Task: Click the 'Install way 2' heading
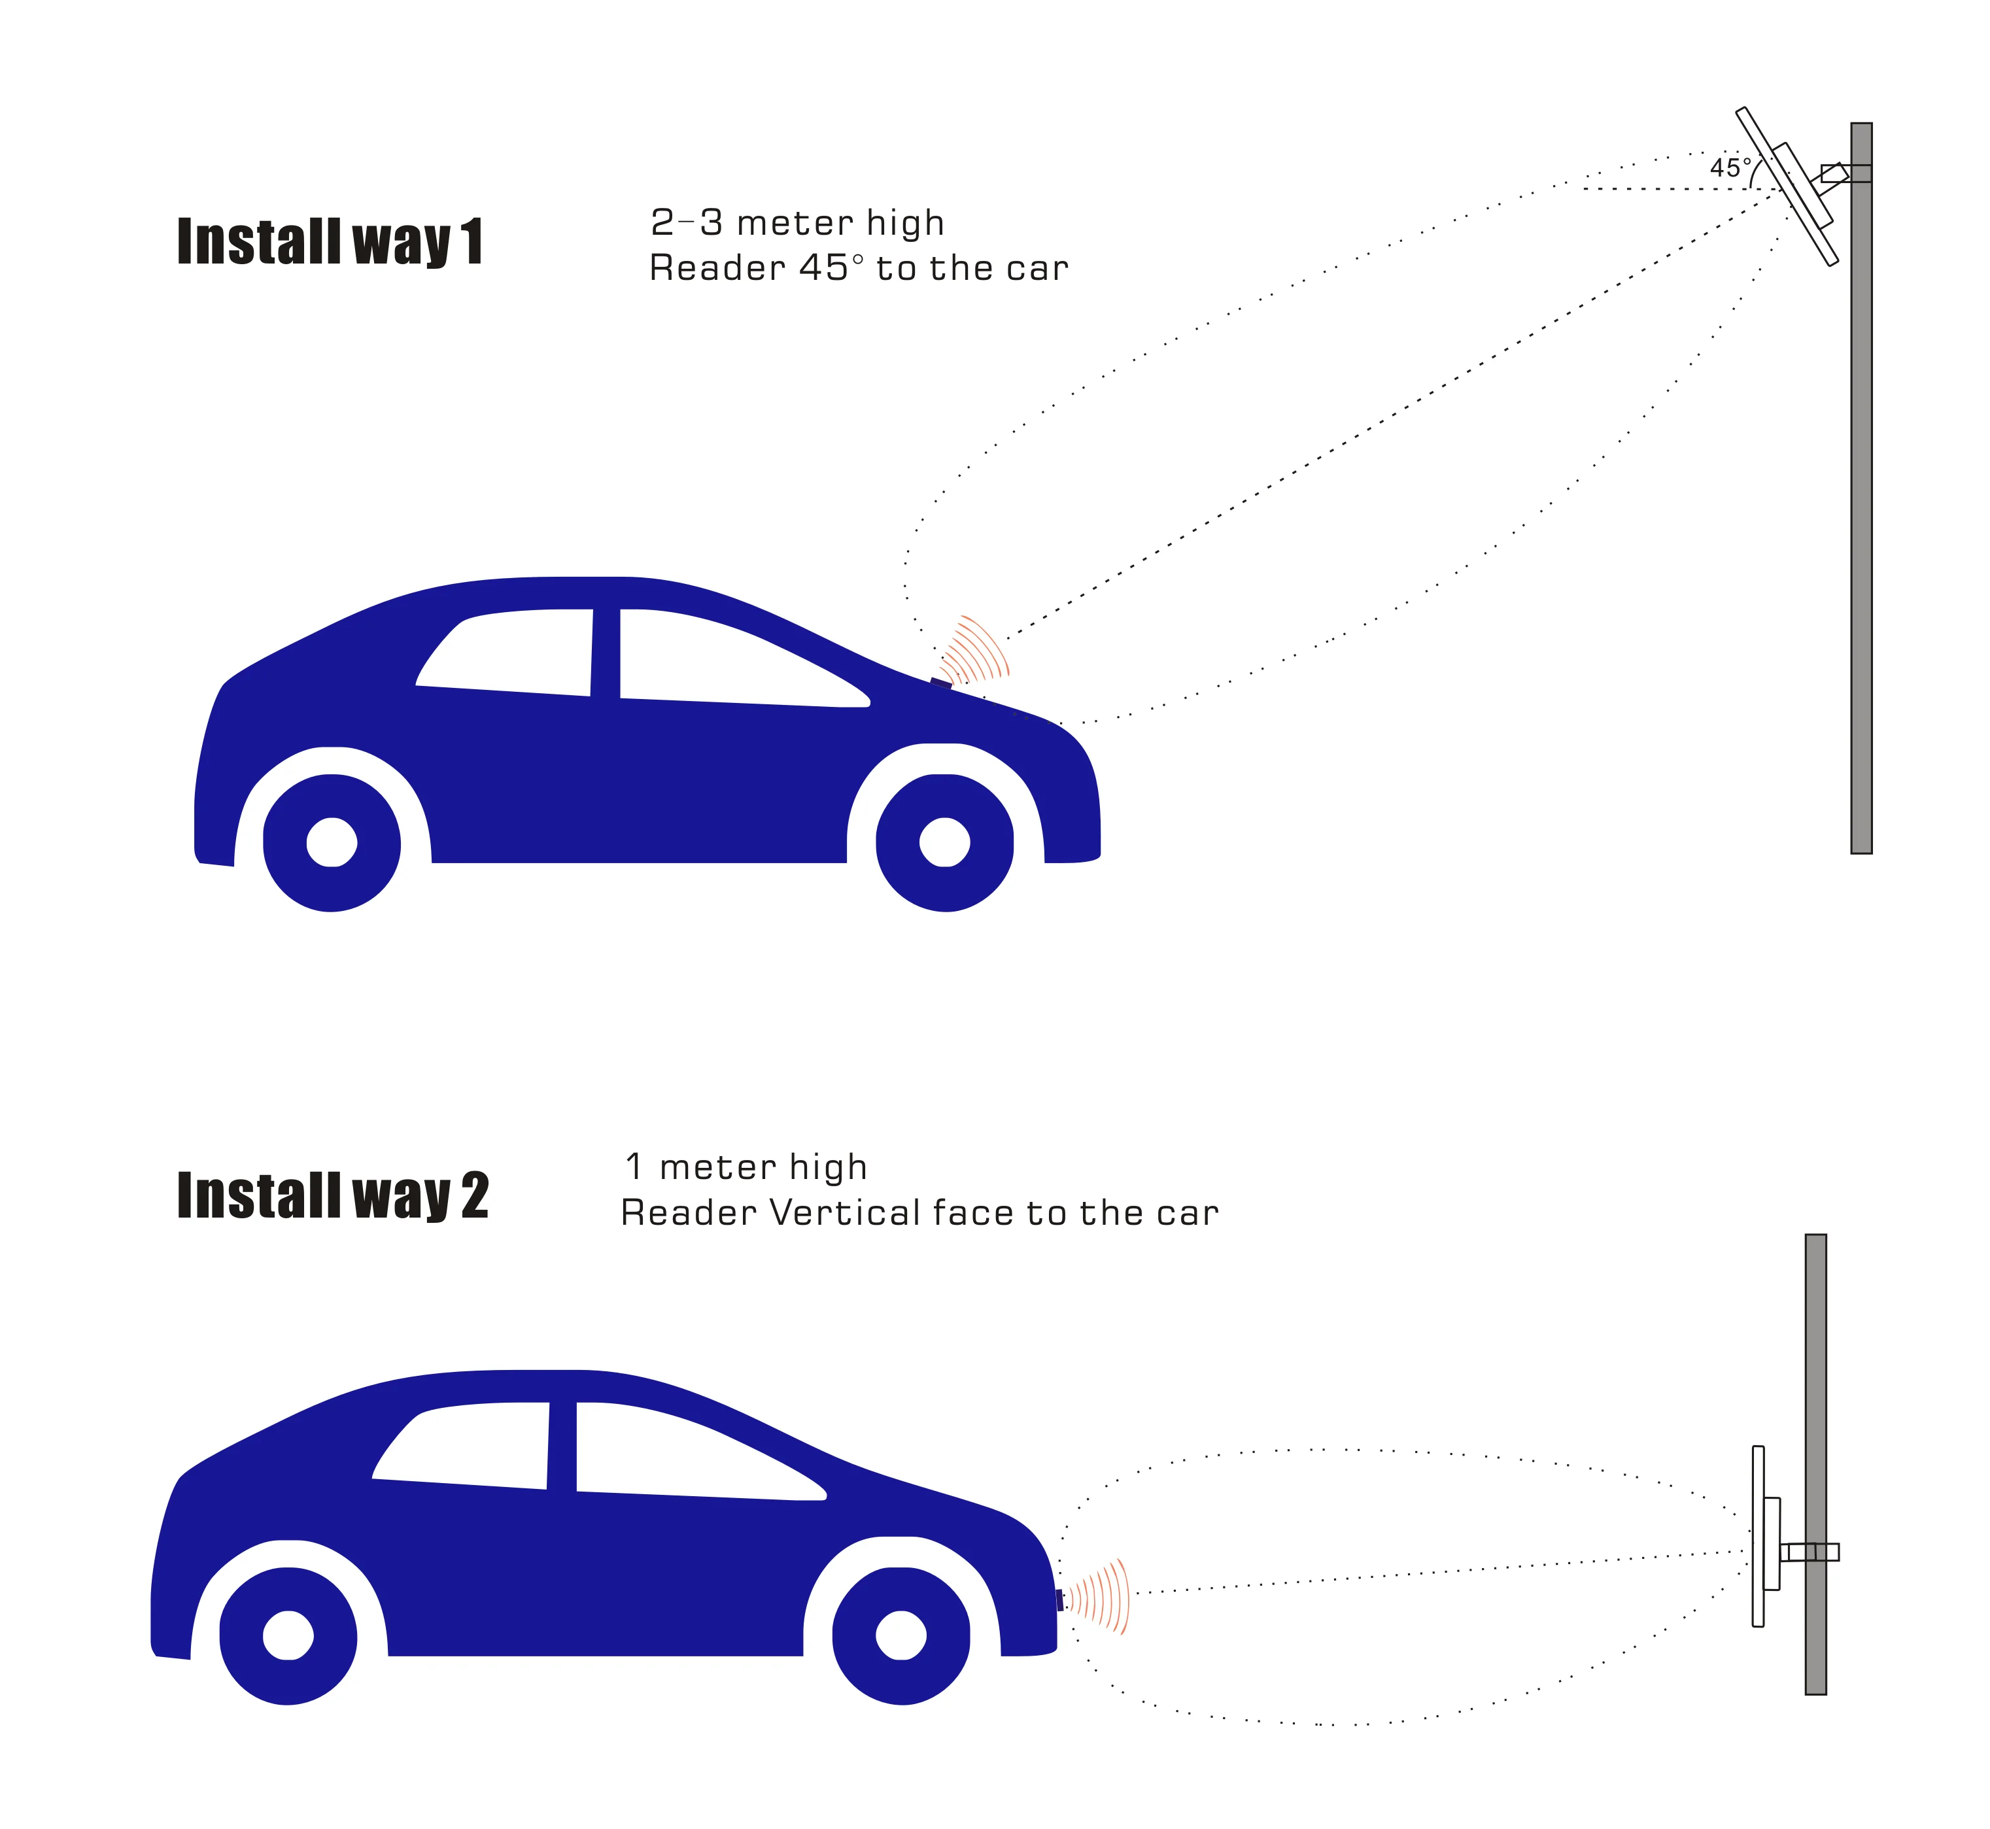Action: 332,1195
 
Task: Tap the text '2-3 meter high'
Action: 797,224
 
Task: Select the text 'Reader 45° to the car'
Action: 858,268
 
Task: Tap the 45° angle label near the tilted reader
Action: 1730,168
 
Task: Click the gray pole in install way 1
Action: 1861,495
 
